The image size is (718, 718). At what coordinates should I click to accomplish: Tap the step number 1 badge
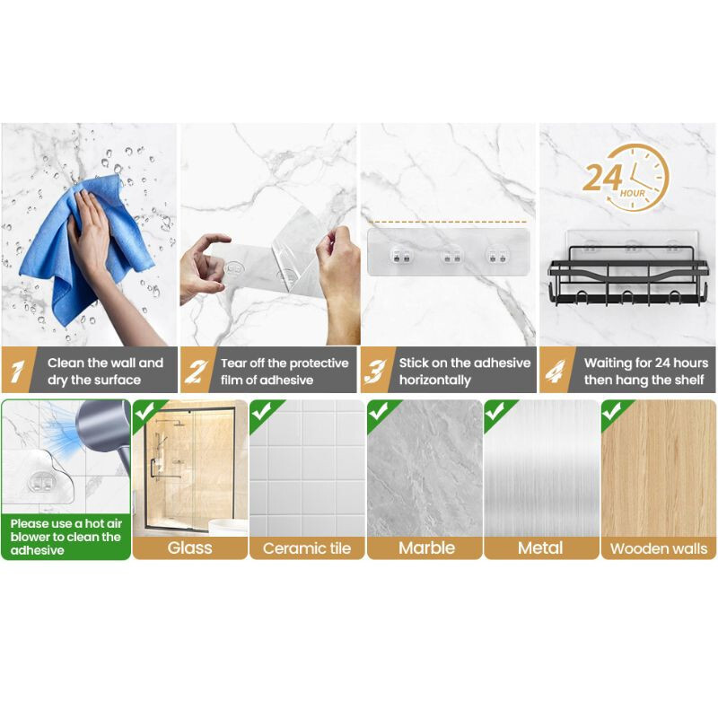(17, 371)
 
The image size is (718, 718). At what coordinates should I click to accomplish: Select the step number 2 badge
(196, 371)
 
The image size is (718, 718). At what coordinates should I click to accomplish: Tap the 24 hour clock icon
(626, 178)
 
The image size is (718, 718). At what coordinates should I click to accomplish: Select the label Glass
(189, 547)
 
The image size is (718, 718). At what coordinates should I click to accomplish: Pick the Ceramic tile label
(307, 548)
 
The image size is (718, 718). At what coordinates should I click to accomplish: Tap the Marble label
(427, 547)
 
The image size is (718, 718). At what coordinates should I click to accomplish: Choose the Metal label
(540, 547)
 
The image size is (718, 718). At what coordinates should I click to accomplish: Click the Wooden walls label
(659, 548)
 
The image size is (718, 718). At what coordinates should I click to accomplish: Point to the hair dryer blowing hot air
(103, 433)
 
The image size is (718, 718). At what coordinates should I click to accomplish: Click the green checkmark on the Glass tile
(144, 412)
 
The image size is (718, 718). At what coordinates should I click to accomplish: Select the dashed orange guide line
(447, 222)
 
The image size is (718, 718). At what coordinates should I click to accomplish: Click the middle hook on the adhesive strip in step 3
(451, 257)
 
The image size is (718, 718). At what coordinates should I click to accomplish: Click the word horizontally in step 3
(434, 380)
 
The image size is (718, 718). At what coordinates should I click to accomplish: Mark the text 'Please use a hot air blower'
(66, 530)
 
